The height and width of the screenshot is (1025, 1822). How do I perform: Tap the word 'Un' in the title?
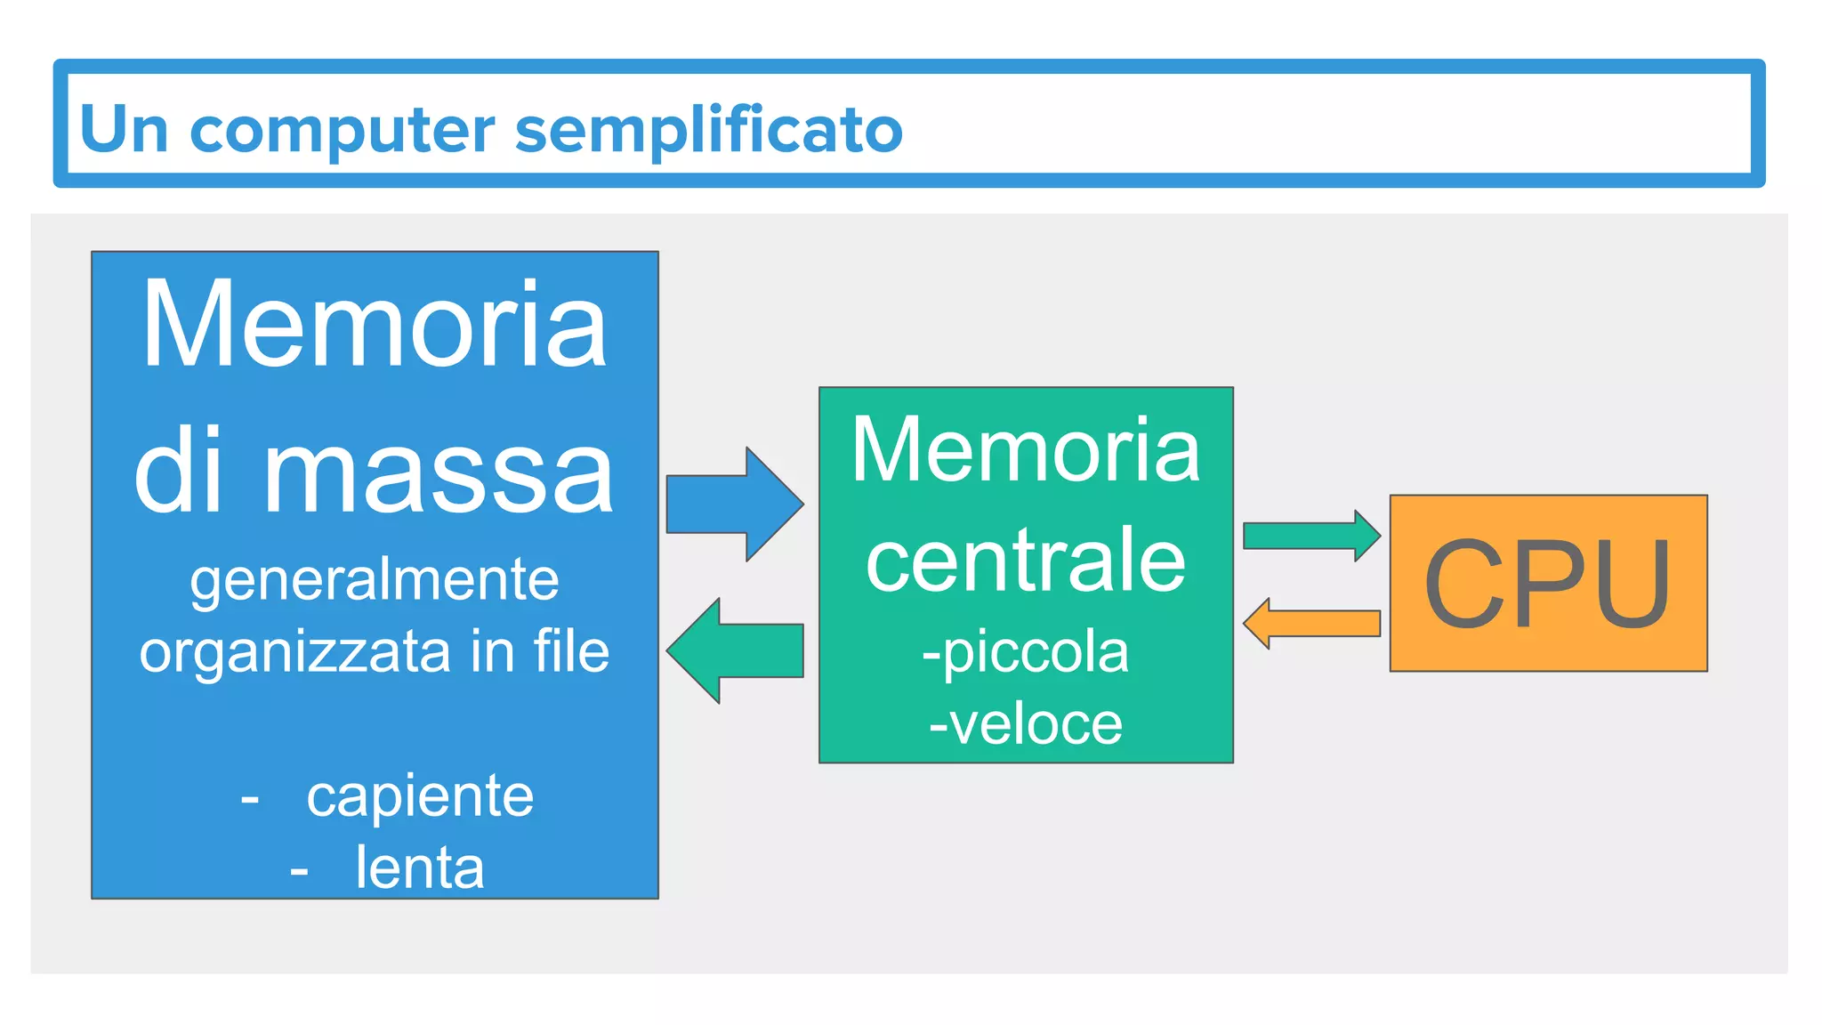click(x=124, y=130)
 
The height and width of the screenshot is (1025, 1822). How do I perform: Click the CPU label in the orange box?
click(x=1547, y=584)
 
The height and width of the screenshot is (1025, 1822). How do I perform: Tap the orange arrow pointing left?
click(x=1311, y=623)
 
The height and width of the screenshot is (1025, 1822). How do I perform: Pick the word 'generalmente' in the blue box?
click(x=375, y=581)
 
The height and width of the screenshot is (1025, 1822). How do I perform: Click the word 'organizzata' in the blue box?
click(x=295, y=652)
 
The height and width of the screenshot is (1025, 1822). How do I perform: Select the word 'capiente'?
click(x=420, y=795)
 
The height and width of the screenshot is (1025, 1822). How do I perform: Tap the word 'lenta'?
click(x=420, y=868)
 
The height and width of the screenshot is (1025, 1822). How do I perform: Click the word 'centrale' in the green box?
click(x=1026, y=560)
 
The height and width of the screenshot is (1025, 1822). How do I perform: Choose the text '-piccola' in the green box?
click(x=1026, y=652)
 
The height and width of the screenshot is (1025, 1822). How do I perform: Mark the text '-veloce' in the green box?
click(x=1026, y=724)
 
